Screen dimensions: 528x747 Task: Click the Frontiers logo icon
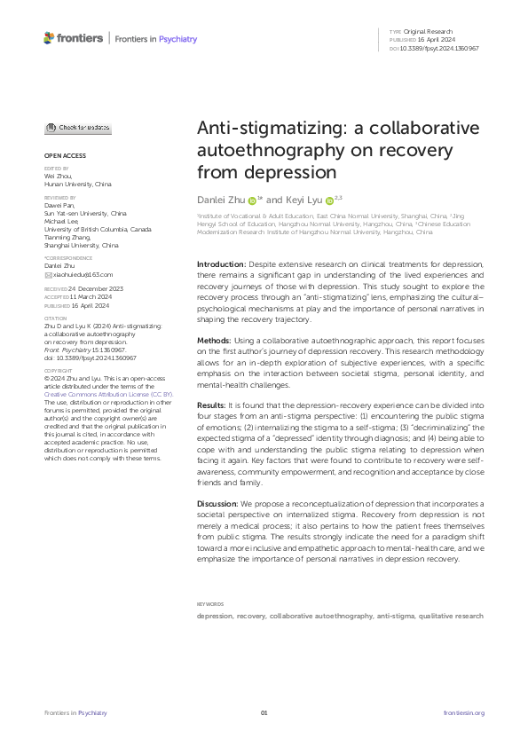50,37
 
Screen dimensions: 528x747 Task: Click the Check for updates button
78,128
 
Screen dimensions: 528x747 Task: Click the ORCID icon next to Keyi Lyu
329,202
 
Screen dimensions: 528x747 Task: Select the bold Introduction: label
221,264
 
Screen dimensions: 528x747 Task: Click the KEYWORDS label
209,604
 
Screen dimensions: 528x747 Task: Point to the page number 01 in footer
264,713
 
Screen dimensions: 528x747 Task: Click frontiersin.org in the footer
463,713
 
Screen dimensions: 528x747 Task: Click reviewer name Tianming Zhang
68,237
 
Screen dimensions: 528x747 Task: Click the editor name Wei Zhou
58,176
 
